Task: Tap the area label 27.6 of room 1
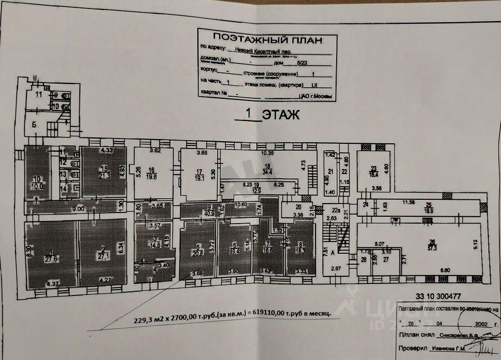coord(52,260)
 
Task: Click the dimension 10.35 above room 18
coord(268,153)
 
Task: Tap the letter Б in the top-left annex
coord(34,125)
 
